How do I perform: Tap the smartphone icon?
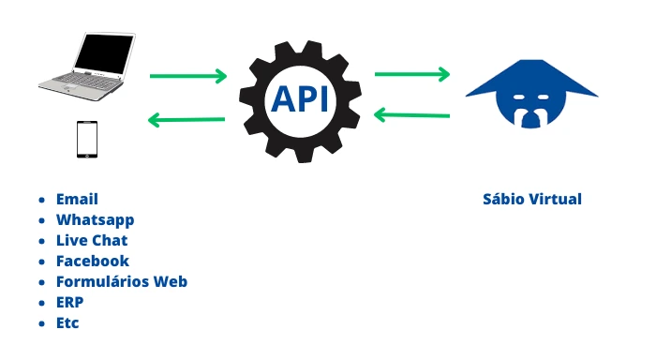point(87,138)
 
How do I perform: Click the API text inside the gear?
point(300,97)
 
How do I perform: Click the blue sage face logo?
point(531,93)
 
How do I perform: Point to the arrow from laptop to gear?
point(188,76)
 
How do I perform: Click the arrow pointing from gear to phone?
point(186,119)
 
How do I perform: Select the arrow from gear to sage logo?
point(413,72)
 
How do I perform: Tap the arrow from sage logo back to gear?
point(412,115)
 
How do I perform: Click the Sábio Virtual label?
point(531,199)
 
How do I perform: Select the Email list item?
point(77,199)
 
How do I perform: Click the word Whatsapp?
point(95,219)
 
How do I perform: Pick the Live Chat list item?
point(92,240)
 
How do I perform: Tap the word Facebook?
point(92,261)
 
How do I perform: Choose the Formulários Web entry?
point(122,281)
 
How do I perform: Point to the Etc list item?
point(67,322)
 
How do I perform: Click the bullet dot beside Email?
point(41,200)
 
